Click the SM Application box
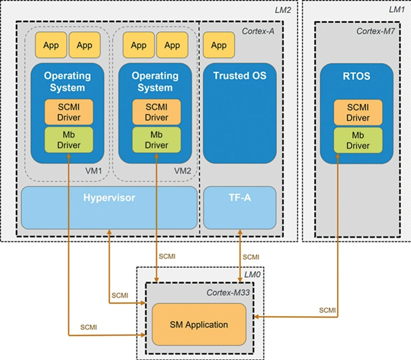199,325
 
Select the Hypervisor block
109,207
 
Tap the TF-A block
240,207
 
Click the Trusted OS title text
240,76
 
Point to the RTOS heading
356,76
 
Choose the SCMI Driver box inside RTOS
358,113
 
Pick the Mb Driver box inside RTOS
358,140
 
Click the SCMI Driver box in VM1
69,112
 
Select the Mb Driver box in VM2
156,140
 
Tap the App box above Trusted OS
219,45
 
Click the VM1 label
93,171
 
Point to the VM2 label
182,171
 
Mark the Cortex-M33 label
228,292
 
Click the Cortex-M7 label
375,31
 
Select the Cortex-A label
258,31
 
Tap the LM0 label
252,274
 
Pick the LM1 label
397,10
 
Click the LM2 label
283,10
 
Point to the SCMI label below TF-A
251,257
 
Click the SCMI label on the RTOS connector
327,310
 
